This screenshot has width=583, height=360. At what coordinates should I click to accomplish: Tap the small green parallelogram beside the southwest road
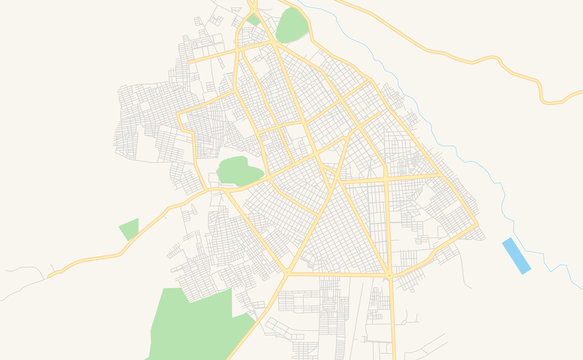coord(129,229)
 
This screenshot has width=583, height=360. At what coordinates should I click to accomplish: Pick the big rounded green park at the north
coord(292,26)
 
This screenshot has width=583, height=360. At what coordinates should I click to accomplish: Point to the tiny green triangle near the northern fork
coord(254,19)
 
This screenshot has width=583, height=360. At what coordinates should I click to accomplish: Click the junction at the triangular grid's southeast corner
coord(389,274)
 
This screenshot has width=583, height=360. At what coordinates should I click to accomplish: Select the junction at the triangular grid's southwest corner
coord(286,272)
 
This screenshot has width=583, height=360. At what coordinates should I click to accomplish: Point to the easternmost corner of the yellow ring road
coord(476,228)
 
